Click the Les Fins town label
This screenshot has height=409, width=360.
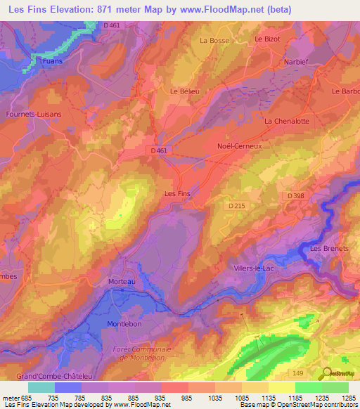tap(177, 193)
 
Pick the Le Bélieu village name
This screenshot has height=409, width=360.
tap(185, 91)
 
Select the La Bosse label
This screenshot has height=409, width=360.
tap(214, 41)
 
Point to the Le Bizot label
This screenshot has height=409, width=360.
tap(267, 39)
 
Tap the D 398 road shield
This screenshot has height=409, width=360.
tap(295, 193)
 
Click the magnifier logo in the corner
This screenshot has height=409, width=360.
tap(328, 372)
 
